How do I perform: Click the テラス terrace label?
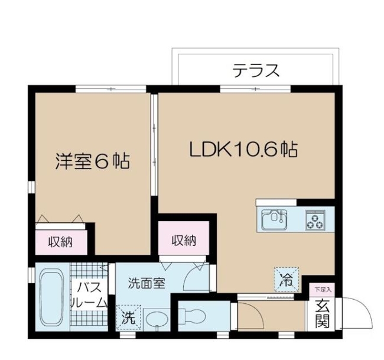coord(255,71)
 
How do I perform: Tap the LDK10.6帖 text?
coord(242,150)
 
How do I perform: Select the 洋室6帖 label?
coord(92,161)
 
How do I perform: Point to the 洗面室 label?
coord(146,283)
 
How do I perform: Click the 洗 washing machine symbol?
coord(128,317)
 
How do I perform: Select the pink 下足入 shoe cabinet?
coord(323,290)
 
